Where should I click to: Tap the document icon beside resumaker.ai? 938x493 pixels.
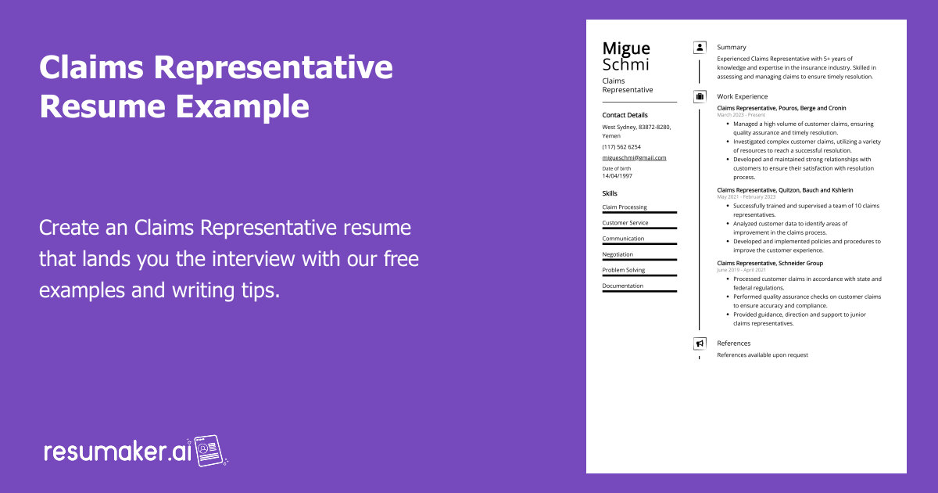209,451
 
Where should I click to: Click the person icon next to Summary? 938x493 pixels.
700,48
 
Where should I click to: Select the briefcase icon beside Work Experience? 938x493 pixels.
700,97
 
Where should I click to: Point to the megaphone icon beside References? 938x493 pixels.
700,344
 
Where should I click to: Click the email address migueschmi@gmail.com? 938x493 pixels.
634,157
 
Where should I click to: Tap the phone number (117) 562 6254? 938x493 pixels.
621,146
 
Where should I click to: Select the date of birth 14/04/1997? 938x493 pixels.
618,176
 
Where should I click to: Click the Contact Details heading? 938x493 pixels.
625,115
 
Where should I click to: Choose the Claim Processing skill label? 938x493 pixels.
625,207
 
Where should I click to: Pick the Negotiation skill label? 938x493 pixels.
618,254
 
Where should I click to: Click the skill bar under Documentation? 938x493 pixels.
639,291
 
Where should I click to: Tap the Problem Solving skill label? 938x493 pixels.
624,270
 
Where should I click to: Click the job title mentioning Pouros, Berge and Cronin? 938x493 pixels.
781,108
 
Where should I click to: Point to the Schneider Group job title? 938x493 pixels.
769,263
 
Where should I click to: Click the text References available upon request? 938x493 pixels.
762,355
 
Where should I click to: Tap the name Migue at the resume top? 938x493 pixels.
626,49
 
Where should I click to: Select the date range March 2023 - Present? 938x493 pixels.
741,115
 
